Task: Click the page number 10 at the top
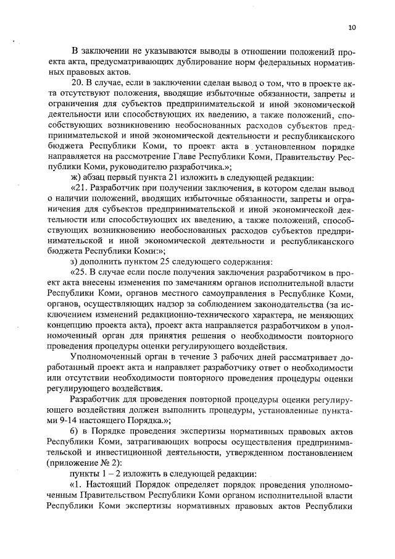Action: point(352,27)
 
